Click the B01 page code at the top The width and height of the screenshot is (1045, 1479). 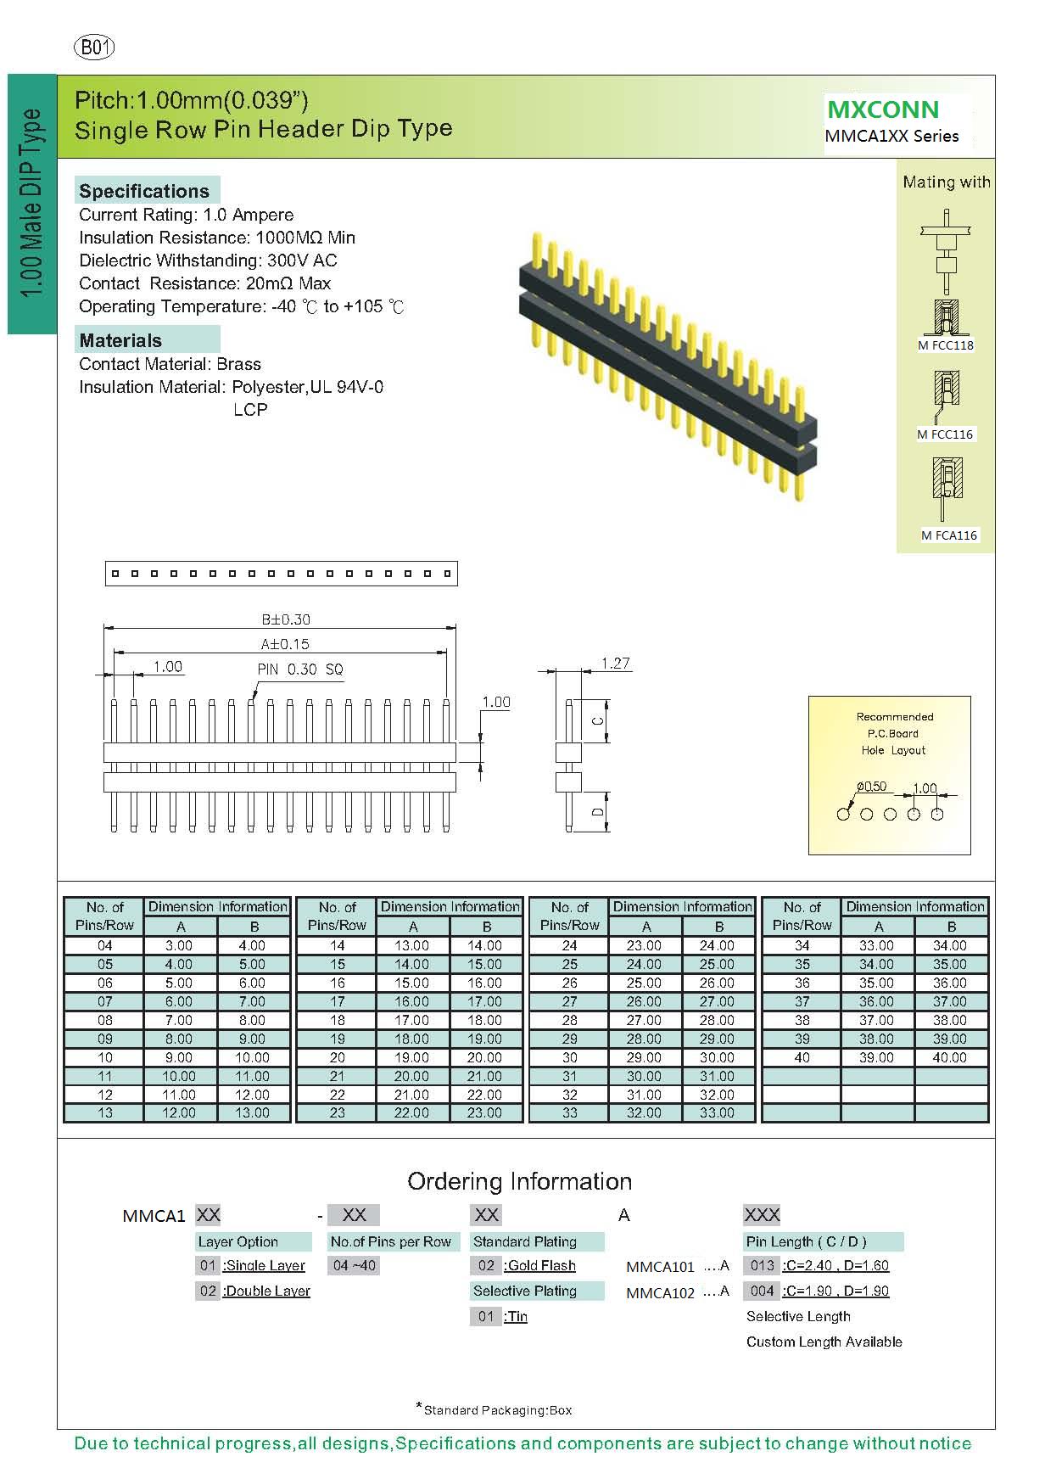tap(94, 48)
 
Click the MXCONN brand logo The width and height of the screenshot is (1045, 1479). tap(883, 109)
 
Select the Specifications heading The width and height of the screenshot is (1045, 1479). tap(144, 191)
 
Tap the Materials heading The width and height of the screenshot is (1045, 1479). tap(120, 340)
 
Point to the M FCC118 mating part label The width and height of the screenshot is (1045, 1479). tap(945, 345)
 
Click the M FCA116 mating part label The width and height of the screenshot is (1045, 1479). tap(949, 535)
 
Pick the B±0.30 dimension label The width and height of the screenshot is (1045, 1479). tap(286, 619)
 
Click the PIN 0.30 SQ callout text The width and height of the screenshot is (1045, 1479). tap(300, 669)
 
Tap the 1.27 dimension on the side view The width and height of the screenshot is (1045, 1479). tap(615, 663)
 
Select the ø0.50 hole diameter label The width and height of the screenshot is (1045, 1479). tap(871, 787)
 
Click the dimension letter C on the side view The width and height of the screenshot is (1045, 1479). tap(598, 721)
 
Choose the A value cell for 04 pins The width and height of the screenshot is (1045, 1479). tap(179, 945)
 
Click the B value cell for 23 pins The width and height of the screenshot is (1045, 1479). tap(484, 1112)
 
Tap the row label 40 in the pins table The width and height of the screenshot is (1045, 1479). tap(802, 1057)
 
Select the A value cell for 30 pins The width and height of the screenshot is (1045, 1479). tap(644, 1057)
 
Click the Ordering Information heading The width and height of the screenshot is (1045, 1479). tap(519, 1181)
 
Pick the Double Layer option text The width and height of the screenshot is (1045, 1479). tap(266, 1291)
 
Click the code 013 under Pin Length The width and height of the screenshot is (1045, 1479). tap(762, 1265)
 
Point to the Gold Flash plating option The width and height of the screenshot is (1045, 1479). tap(541, 1265)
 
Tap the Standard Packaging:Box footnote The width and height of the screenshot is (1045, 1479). tap(497, 1410)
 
